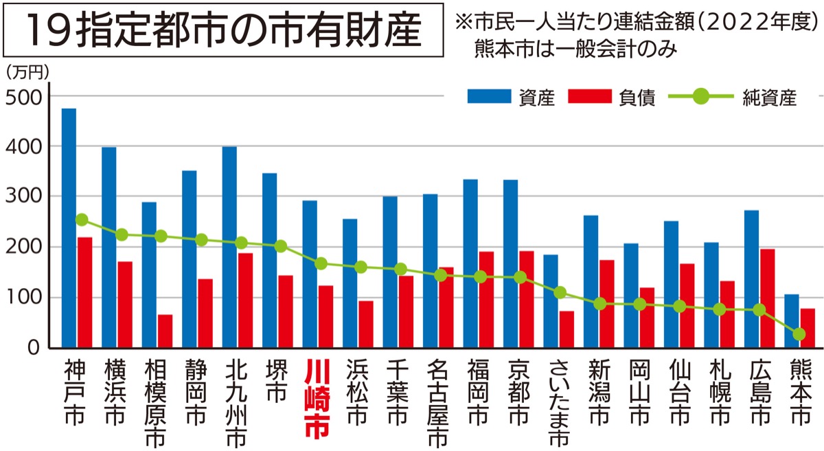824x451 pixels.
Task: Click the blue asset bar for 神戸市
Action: [x=69, y=227]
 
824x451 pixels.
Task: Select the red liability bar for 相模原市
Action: [x=165, y=331]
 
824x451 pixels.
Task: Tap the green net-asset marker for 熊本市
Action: [x=799, y=334]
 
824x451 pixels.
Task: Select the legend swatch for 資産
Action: [x=490, y=97]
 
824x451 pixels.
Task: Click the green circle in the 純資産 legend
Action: [x=700, y=97]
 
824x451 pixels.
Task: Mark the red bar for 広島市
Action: [x=767, y=298]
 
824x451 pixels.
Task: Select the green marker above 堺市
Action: [x=279, y=246]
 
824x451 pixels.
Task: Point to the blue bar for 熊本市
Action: [x=792, y=320]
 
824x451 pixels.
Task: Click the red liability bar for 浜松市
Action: [x=366, y=324]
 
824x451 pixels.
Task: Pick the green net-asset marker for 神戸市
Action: [x=82, y=220]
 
